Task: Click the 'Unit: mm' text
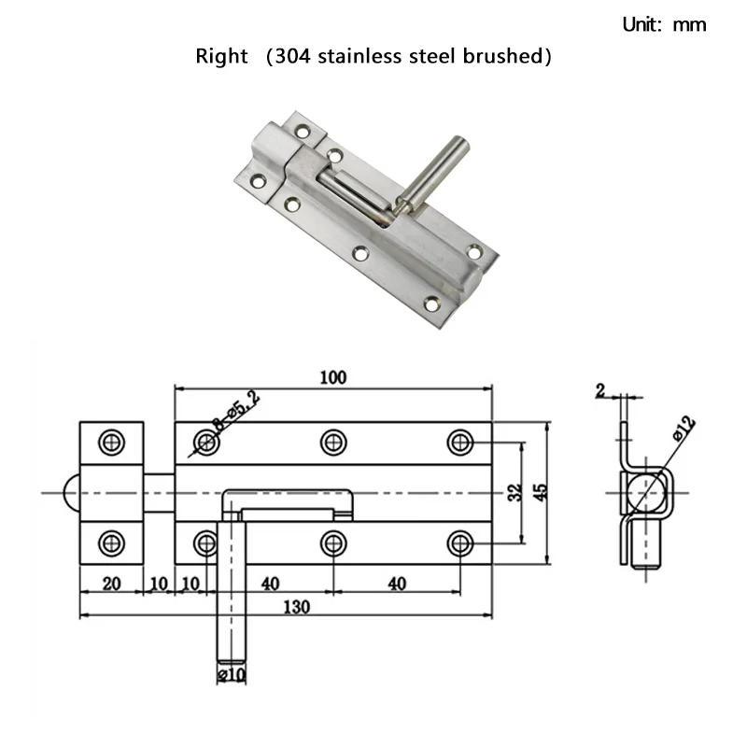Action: tap(664, 25)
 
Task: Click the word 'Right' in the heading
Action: tap(221, 56)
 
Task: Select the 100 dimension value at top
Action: tap(332, 377)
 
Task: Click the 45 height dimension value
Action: tap(540, 492)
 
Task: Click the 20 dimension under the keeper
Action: tap(110, 584)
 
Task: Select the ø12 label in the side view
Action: tap(684, 430)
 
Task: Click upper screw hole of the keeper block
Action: tap(112, 442)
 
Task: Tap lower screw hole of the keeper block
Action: tap(112, 542)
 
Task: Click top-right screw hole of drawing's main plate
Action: tap(459, 442)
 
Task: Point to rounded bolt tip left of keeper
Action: tap(71, 492)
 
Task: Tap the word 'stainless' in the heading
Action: tap(359, 56)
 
